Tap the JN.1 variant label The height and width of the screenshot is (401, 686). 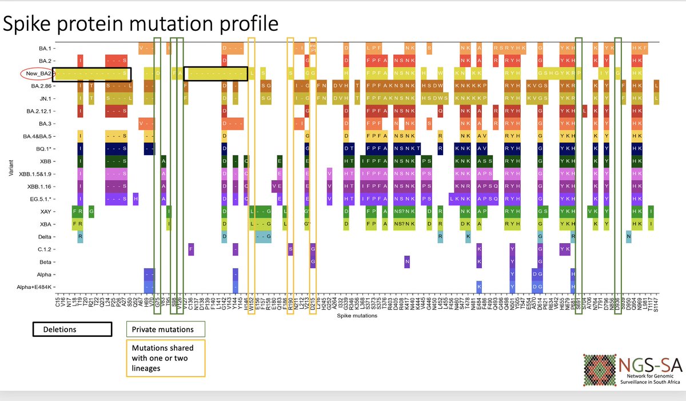47,98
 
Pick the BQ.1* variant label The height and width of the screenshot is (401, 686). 45,149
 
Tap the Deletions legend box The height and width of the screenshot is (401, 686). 71,329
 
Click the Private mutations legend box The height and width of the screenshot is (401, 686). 165,329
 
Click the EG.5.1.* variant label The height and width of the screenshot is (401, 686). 42,199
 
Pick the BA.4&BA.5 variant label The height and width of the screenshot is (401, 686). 39,136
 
